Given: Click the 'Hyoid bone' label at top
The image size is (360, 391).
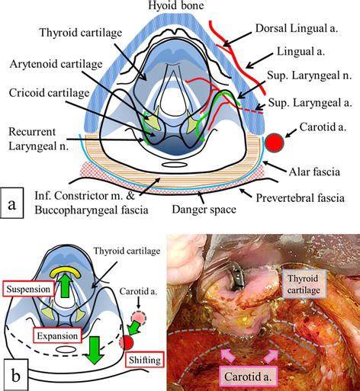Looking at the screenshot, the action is (176, 5).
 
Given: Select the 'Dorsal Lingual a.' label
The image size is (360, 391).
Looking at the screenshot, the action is (297, 28).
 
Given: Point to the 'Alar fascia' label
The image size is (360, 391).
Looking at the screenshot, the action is (314, 172).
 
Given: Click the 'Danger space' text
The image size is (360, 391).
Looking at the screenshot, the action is (204, 210).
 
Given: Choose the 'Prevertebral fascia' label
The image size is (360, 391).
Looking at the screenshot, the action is (300, 198).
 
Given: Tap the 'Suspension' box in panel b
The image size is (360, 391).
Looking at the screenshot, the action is (28, 289).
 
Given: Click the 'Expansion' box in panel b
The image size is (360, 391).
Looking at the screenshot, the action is (57, 336).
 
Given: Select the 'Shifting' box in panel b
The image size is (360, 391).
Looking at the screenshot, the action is (145, 360).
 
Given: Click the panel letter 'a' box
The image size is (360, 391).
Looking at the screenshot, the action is (12, 203).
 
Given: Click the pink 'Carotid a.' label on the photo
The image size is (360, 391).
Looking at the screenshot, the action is (248, 377).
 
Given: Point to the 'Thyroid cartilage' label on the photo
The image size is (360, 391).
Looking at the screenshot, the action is (304, 284).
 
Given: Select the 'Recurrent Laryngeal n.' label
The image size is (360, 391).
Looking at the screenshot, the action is (38, 139).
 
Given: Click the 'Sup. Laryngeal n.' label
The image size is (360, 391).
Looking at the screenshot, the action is (310, 75).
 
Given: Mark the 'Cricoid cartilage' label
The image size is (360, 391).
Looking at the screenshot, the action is (49, 93).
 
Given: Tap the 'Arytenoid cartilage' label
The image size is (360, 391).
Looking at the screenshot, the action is (56, 64).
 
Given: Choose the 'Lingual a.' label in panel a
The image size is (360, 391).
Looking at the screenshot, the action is (301, 52).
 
